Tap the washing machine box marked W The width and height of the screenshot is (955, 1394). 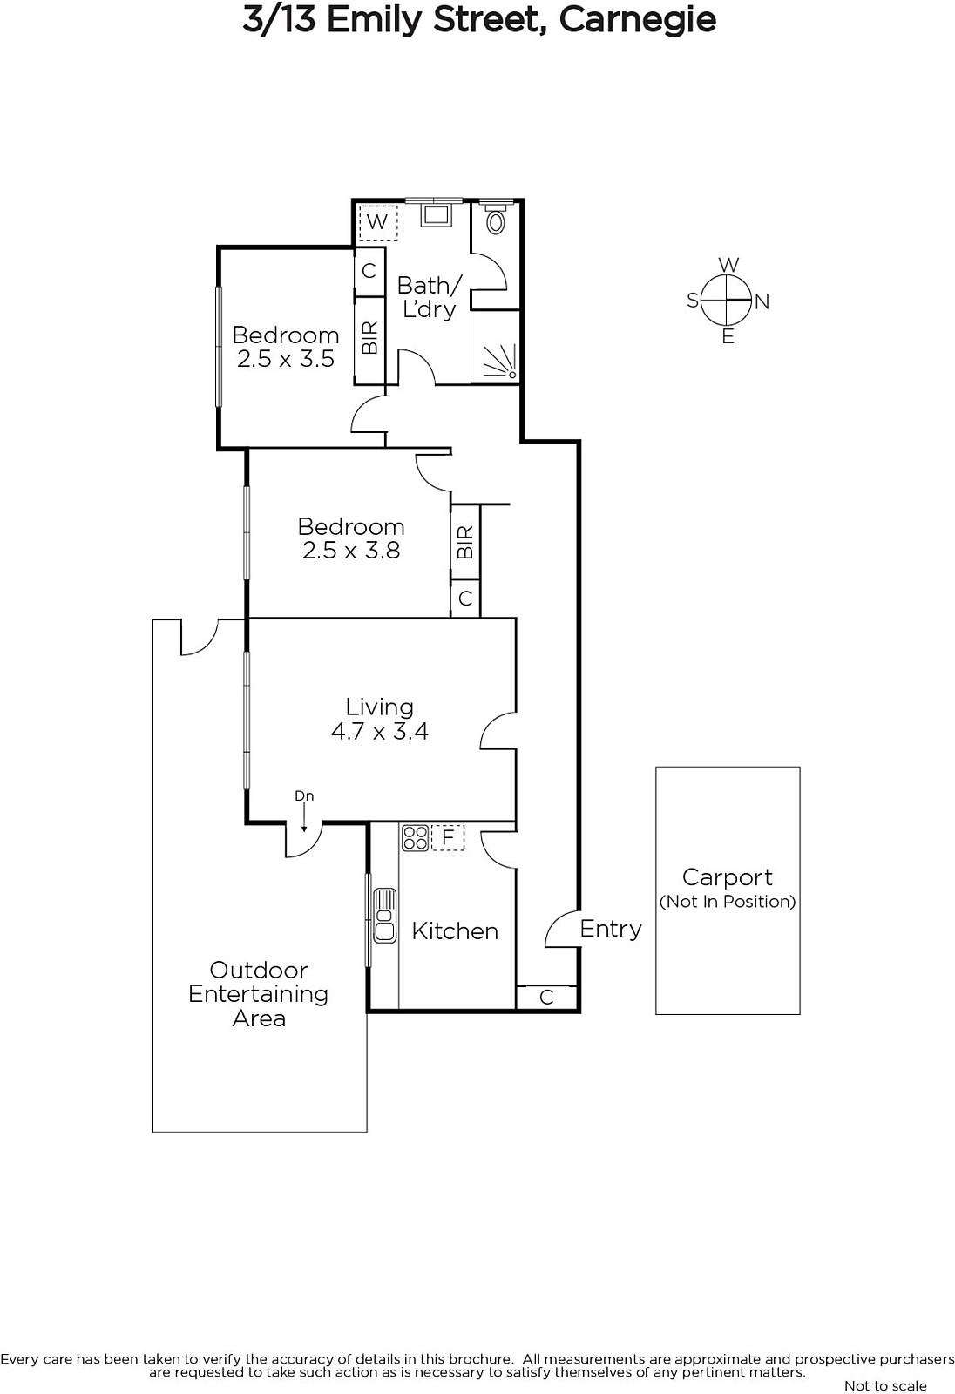point(377,222)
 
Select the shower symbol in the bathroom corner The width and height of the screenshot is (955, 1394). point(501,362)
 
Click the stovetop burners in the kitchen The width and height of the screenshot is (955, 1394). point(415,837)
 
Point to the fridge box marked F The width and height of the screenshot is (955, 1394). point(448,837)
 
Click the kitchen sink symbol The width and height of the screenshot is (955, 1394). point(384,916)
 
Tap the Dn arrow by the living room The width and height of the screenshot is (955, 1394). point(304,815)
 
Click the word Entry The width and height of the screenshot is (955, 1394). point(611,929)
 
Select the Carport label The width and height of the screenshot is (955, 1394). point(728,877)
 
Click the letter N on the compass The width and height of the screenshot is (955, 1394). point(762,301)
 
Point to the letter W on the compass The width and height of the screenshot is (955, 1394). point(728,265)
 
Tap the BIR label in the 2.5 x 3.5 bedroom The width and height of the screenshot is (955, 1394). point(369,338)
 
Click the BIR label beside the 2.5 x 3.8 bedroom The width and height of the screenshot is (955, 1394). point(465,542)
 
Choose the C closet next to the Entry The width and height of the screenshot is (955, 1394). point(546,997)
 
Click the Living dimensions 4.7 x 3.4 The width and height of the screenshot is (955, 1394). point(380,731)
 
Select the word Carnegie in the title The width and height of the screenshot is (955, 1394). point(638,20)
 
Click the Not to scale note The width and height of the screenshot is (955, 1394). point(885,1385)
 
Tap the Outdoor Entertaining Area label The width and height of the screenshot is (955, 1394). point(259,994)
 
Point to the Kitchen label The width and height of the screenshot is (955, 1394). point(455,931)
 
